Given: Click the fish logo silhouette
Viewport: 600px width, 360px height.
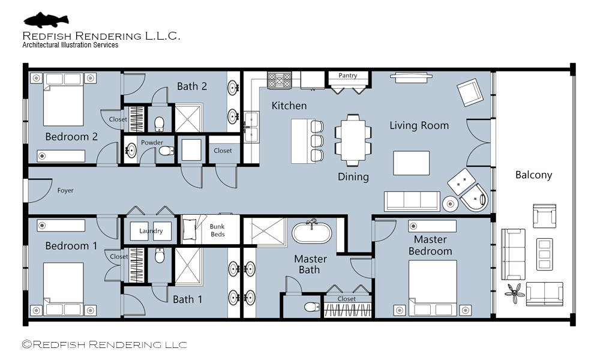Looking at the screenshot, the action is (46, 20).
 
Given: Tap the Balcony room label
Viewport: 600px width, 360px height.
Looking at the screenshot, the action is (533, 175).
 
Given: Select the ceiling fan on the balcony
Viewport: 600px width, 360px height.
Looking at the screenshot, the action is (515, 293).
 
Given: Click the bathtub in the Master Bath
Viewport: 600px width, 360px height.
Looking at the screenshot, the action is (312, 233).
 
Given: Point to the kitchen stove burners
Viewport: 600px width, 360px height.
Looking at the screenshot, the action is (279, 81).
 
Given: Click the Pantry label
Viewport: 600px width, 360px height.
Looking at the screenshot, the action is (347, 76).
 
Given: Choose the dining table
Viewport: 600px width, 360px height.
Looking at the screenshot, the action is (353, 140).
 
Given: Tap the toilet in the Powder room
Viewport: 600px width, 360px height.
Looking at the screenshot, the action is (166, 151).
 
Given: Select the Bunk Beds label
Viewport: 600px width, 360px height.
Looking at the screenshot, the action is (217, 230).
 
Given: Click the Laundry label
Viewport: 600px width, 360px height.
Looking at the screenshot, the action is (151, 230).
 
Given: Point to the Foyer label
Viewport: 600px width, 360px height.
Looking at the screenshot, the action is (65, 191).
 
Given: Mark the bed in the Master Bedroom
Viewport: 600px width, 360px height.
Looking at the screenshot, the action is (433, 288).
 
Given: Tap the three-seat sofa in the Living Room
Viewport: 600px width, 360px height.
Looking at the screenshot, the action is (412, 201).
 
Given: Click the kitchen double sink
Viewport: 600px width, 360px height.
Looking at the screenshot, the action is (251, 127).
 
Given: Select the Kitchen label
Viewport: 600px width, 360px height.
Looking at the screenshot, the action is (289, 106).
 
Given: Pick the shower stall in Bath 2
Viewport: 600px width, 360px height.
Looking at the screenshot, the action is (187, 118).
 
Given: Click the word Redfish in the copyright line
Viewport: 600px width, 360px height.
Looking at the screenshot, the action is (59, 344).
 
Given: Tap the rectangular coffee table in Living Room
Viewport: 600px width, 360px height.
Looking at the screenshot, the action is (412, 163).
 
